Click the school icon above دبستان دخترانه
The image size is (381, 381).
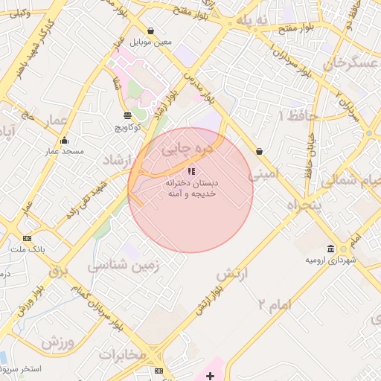[191, 171]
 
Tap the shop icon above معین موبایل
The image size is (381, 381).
[151, 31]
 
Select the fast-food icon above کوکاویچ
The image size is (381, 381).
[127, 115]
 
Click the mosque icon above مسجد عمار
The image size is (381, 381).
[64, 140]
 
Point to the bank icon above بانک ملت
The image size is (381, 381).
[28, 238]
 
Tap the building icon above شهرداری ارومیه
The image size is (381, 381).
[330, 249]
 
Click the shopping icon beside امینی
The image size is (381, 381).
[258, 151]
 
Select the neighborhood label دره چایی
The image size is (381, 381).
[188, 150]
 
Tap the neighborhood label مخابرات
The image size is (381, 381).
[122, 354]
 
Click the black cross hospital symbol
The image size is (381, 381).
[211, 376]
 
